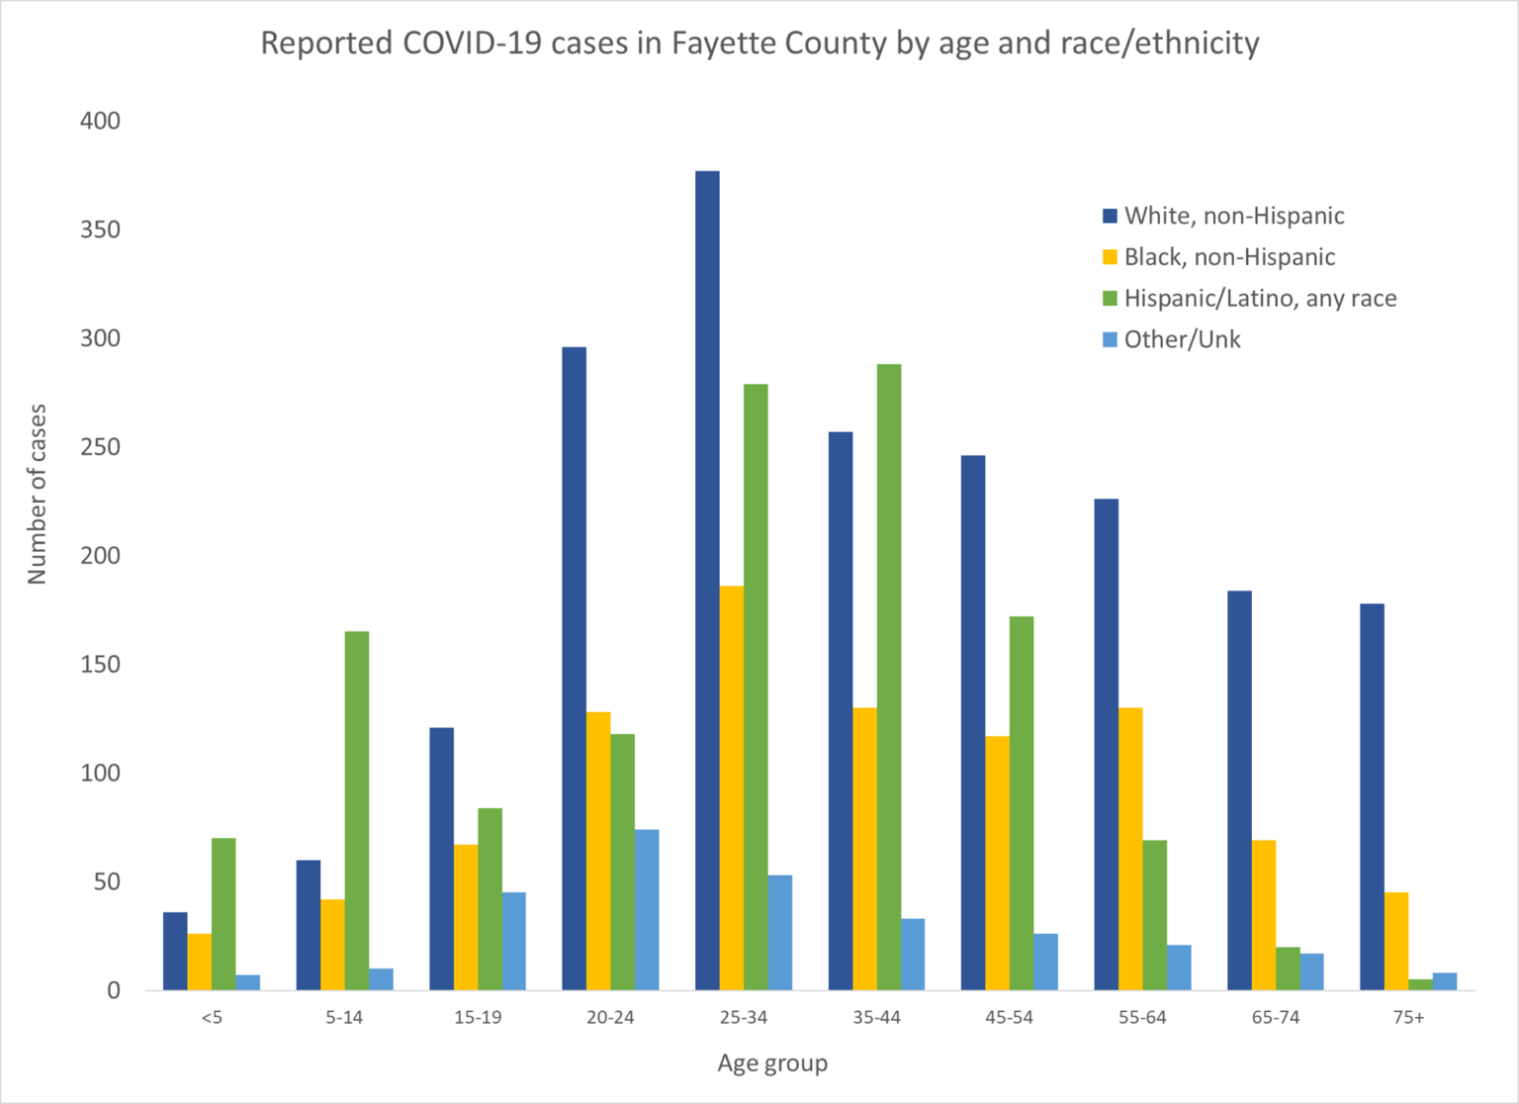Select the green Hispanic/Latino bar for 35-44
point(889,678)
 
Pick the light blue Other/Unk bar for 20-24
point(647,910)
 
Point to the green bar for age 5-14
point(357,811)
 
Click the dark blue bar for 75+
point(1372,797)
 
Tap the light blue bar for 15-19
point(514,941)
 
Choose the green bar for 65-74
point(1288,968)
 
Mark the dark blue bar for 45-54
point(973,723)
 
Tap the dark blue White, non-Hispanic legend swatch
point(1111,216)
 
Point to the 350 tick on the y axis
point(100,230)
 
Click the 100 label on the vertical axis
point(100,773)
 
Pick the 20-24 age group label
point(610,1018)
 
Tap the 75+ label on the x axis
point(1408,1018)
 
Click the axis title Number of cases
point(38,494)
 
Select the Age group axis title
point(772,1063)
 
